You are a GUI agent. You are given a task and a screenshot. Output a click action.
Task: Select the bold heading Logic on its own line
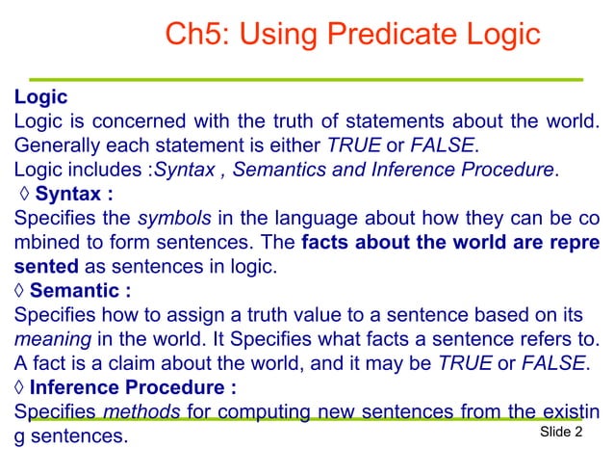pyautogui.click(x=40, y=97)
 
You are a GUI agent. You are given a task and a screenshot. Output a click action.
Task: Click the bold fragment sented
pyautogui.click(x=45, y=265)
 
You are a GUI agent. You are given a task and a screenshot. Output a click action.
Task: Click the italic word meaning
pyautogui.click(x=48, y=338)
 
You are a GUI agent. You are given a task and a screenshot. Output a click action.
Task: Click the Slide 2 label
pyautogui.click(x=562, y=433)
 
